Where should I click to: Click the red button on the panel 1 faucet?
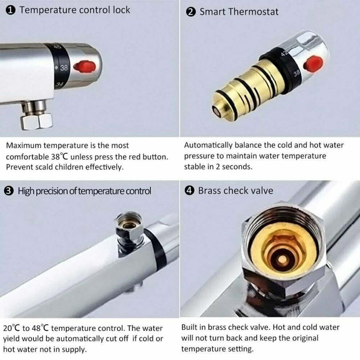click(84, 67)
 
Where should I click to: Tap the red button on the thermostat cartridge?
click(313, 63)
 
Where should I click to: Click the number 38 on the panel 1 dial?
click(64, 68)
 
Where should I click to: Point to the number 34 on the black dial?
click(59, 85)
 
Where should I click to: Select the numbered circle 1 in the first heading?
click(11, 10)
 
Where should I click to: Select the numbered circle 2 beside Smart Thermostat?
click(191, 12)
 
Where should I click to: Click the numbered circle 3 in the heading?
click(9, 191)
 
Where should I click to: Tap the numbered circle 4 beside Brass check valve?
click(189, 191)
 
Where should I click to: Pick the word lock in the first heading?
click(121, 10)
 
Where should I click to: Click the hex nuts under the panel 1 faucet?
click(37, 120)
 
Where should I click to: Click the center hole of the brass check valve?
click(282, 259)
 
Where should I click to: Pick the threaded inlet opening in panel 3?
click(129, 223)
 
